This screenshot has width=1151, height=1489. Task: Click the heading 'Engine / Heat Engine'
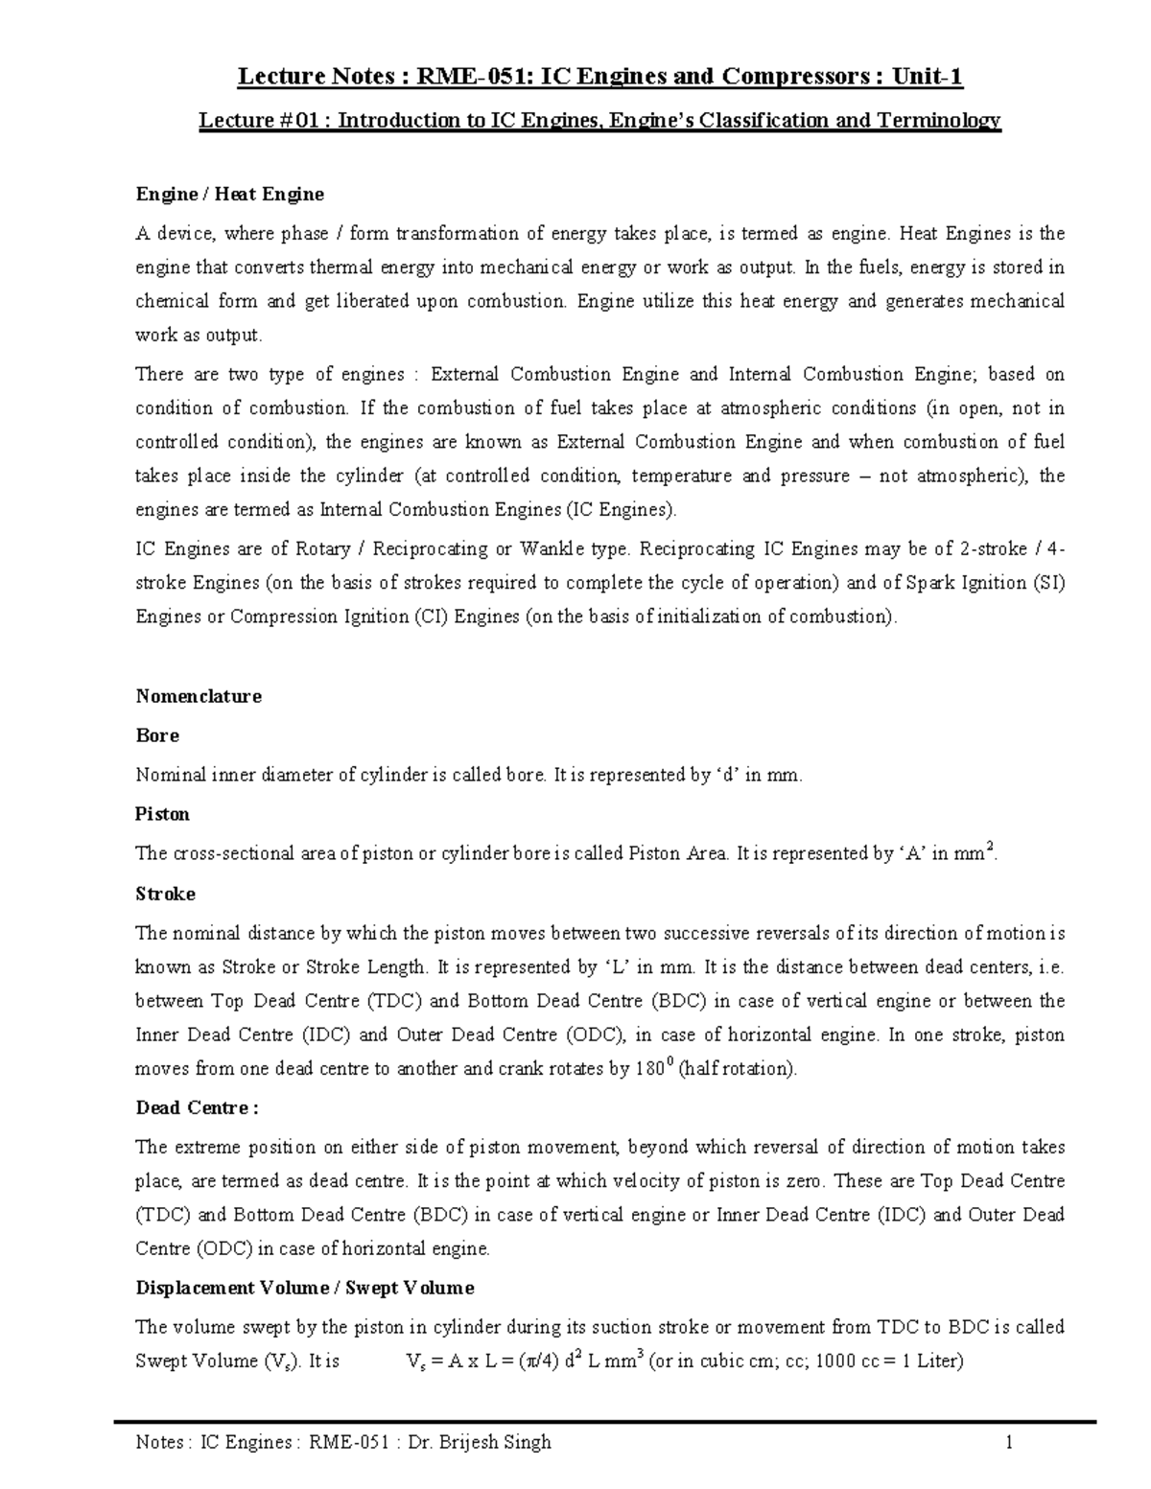click(x=229, y=195)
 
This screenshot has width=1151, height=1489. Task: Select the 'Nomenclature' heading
click(x=199, y=696)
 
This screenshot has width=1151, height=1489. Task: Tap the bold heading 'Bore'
click(x=157, y=735)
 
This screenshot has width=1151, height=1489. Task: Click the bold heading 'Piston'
click(x=162, y=814)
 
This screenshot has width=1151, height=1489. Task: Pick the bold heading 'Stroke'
click(x=165, y=894)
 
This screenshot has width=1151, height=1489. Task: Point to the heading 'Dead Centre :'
click(x=197, y=1107)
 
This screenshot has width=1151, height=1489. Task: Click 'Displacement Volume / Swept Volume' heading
click(x=305, y=1287)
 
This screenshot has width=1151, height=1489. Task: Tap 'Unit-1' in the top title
click(x=928, y=77)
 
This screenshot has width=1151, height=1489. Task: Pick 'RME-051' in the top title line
click(x=457, y=77)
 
